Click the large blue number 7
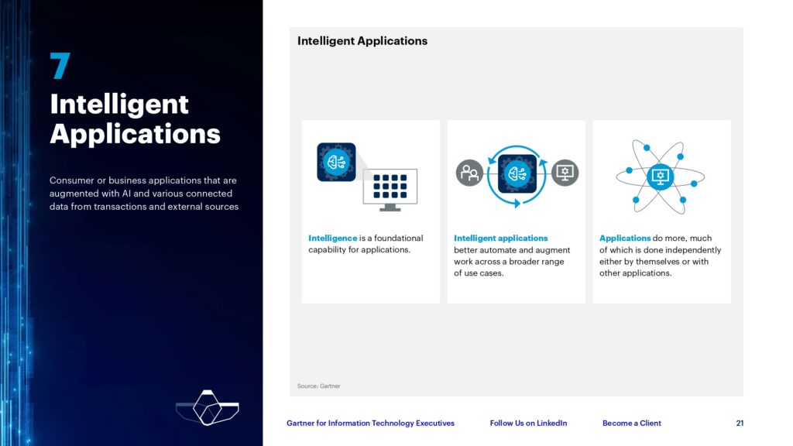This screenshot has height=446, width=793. click(x=60, y=66)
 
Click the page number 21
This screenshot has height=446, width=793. click(x=740, y=424)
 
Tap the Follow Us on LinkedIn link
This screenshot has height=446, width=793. click(x=528, y=424)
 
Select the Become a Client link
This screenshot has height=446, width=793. click(x=632, y=424)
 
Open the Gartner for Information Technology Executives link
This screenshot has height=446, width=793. click(x=370, y=424)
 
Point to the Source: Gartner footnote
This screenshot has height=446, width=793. click(x=318, y=386)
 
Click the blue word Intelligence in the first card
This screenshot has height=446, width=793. click(x=333, y=238)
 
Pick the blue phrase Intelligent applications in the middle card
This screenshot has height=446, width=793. click(x=501, y=238)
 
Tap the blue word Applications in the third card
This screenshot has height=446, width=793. click(x=625, y=238)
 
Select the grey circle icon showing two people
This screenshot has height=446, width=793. click(x=469, y=173)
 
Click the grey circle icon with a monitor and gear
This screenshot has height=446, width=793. click(x=565, y=173)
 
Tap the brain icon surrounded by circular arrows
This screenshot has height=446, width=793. click(x=517, y=174)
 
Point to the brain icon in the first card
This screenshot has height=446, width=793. click(x=336, y=162)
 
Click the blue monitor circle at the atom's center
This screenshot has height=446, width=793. click(x=660, y=177)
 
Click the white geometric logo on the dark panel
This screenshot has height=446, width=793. click(x=208, y=407)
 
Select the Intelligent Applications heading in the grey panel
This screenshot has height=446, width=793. click(x=362, y=41)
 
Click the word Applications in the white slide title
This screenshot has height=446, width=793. click(x=135, y=135)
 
